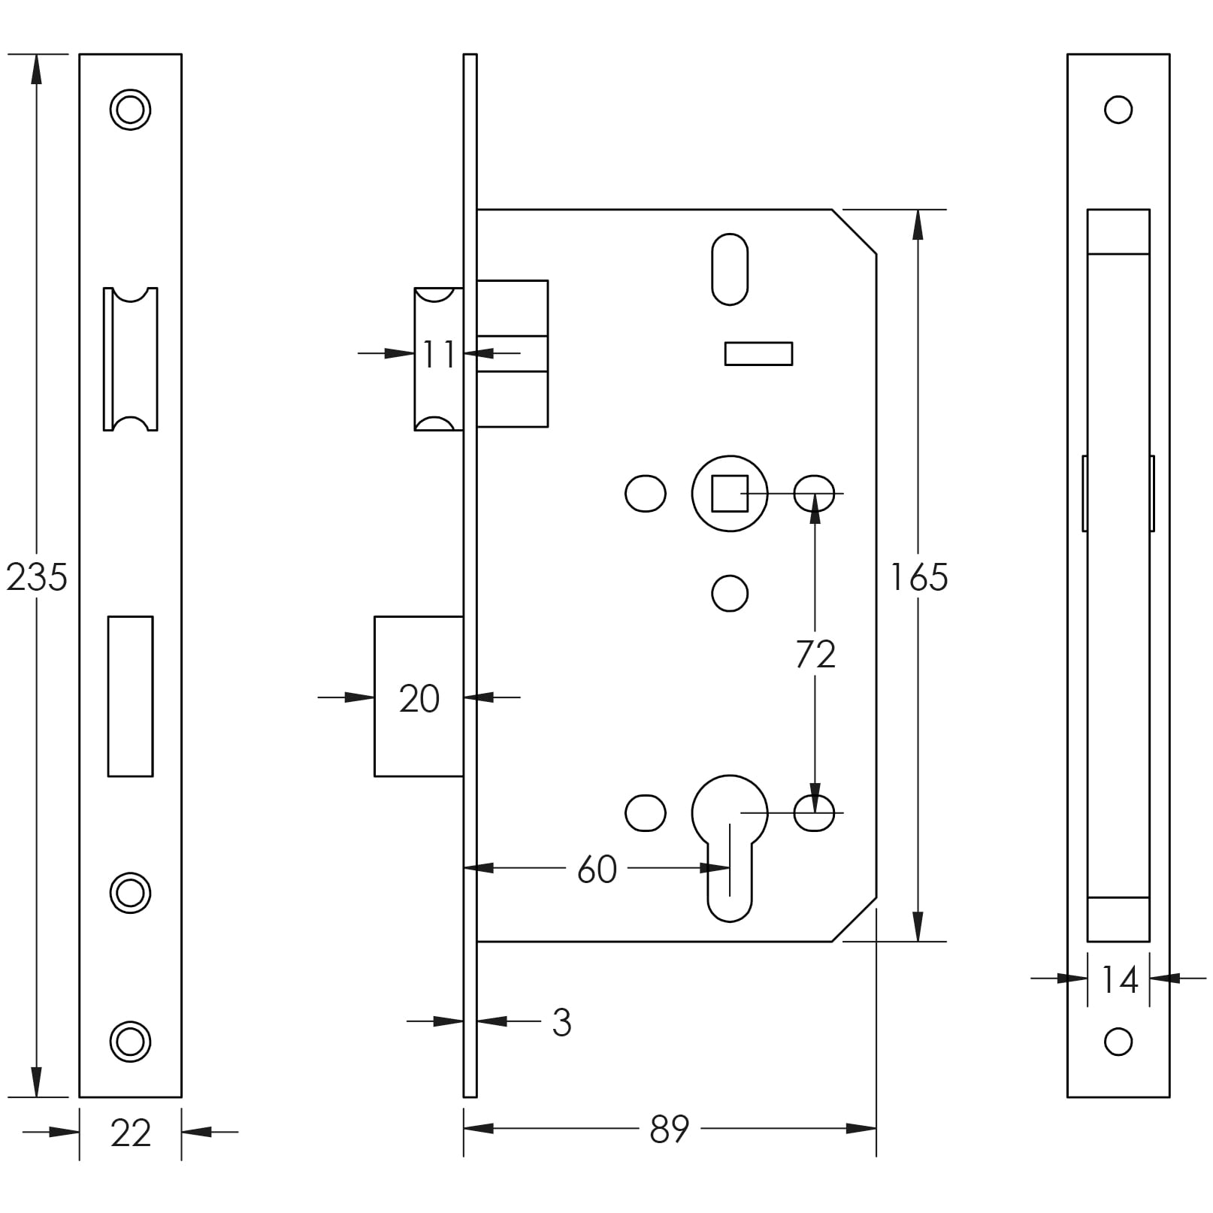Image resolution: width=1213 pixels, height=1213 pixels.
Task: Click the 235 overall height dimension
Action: pos(36,577)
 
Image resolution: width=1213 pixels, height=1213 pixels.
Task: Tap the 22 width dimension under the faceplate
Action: pos(130,1133)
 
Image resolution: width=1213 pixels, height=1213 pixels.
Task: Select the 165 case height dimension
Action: pos(918,577)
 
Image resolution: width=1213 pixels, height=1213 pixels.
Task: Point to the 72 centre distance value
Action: pos(815,655)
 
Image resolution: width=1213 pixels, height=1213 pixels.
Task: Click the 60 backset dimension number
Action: pos(597,870)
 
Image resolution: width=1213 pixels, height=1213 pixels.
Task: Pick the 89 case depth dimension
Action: pos(669,1129)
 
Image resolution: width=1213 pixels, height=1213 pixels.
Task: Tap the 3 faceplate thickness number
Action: pos(561,1023)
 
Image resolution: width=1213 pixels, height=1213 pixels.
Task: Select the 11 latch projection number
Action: pos(439,354)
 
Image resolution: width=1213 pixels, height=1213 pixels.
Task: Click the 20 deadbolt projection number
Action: pos(419,699)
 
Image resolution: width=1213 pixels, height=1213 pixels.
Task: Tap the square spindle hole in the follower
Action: pos(730,494)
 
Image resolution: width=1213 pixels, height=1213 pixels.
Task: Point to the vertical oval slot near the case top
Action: pos(730,269)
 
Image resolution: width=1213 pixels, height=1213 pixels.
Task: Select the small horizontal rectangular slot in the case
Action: pos(758,354)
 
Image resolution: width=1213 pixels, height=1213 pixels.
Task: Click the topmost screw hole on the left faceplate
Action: pos(130,110)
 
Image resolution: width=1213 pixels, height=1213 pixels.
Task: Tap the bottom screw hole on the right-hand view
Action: pos(1118,1042)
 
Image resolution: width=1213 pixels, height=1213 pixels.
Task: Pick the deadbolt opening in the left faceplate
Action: pos(130,696)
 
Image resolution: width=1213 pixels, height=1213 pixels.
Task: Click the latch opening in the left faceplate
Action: pos(130,359)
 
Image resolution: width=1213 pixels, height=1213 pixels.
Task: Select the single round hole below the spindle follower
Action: pos(730,594)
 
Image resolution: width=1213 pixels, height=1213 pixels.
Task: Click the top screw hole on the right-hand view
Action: pos(1118,110)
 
